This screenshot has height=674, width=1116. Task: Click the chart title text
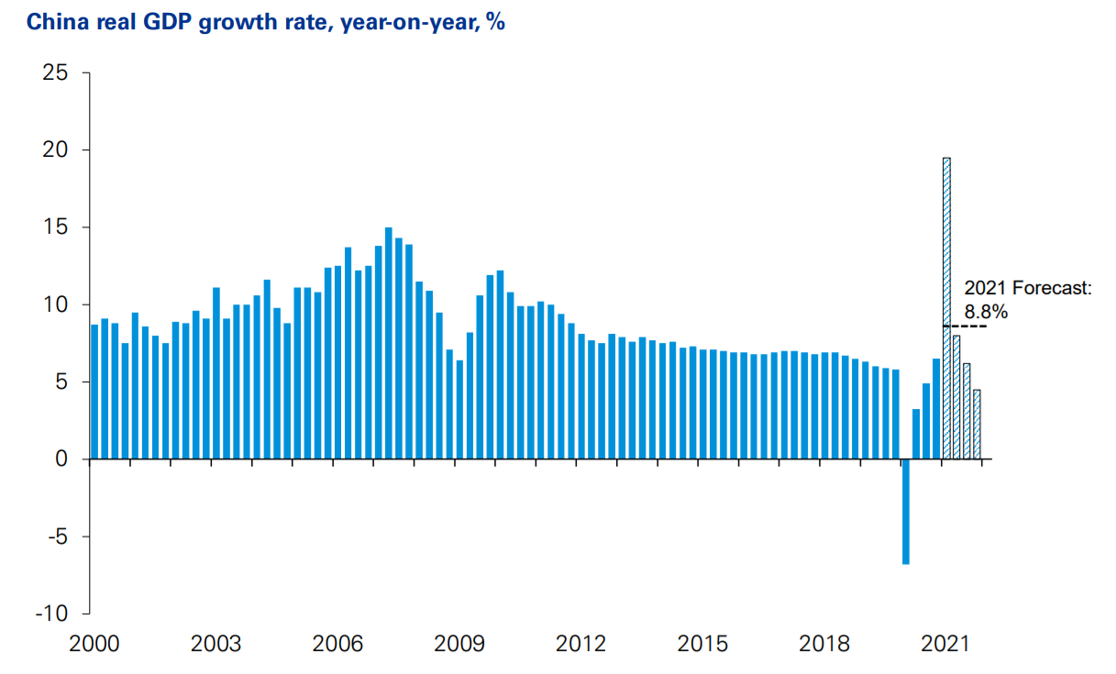click(265, 22)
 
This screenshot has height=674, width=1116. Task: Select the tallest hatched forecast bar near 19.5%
click(946, 307)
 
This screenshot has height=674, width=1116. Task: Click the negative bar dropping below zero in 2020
click(906, 511)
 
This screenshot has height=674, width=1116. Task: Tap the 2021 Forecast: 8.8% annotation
click(1027, 300)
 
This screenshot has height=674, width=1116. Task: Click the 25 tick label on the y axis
click(56, 72)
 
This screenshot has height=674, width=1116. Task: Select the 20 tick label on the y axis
click(56, 149)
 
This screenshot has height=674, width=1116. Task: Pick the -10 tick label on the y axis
click(51, 613)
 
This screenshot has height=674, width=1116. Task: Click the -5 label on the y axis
click(56, 536)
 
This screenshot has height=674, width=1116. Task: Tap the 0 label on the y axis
click(61, 459)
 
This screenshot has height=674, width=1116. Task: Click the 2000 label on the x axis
click(94, 644)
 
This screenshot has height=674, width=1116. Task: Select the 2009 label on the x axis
click(459, 644)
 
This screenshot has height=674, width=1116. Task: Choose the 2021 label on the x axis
click(945, 644)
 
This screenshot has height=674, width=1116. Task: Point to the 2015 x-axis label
click(702, 644)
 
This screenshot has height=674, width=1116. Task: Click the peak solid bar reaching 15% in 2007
click(389, 343)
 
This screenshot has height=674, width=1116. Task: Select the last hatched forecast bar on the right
click(977, 424)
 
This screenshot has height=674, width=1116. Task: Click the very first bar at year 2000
click(94, 392)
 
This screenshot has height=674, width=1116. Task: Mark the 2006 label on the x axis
click(337, 644)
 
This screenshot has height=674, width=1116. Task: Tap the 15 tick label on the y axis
click(56, 227)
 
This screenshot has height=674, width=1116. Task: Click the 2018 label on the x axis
click(824, 644)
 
